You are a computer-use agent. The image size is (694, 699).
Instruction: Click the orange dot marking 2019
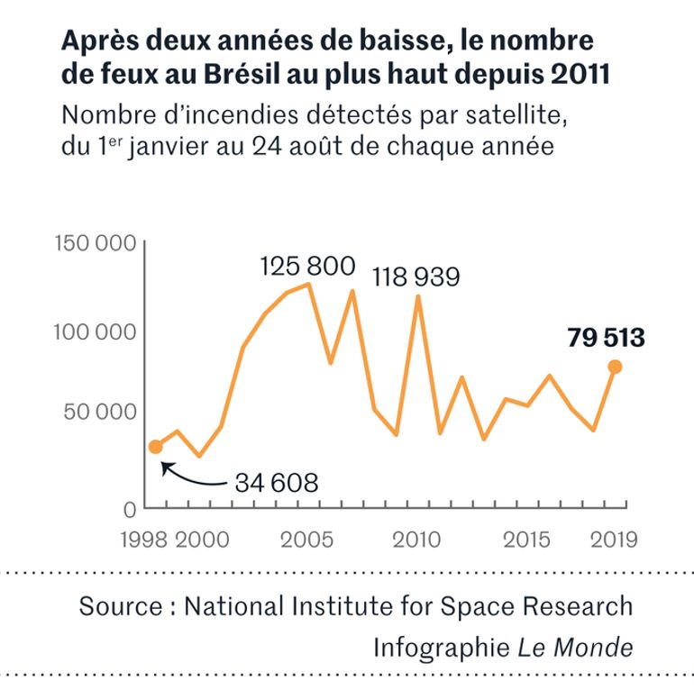[x=616, y=367]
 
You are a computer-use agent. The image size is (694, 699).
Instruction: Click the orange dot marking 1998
[x=156, y=447]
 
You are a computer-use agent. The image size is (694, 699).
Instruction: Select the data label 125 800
[x=307, y=267]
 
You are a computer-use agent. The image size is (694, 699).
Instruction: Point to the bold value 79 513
[x=606, y=339]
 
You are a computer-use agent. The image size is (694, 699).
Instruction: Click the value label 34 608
[x=277, y=483]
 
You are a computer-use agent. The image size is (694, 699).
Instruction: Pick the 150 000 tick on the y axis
[x=96, y=244]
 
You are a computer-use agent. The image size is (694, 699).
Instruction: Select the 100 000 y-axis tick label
[x=96, y=331]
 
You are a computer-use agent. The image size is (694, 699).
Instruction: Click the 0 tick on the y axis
[x=129, y=508]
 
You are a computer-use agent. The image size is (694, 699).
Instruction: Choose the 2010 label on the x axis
[x=416, y=540]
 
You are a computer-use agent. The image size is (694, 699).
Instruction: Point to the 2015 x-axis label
[x=527, y=540]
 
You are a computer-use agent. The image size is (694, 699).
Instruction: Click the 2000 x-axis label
[x=200, y=540]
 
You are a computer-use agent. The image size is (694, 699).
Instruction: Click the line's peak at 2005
[x=309, y=285]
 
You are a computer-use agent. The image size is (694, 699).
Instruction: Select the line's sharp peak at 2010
[x=418, y=296]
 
